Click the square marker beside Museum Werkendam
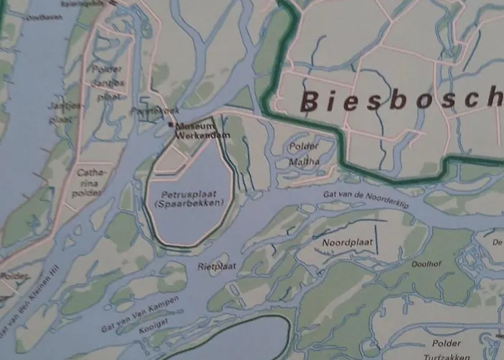tap(171, 125)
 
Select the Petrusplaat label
tap(189, 194)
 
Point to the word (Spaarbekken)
tap(189, 204)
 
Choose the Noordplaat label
tap(348, 243)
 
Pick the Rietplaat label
tap(217, 266)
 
